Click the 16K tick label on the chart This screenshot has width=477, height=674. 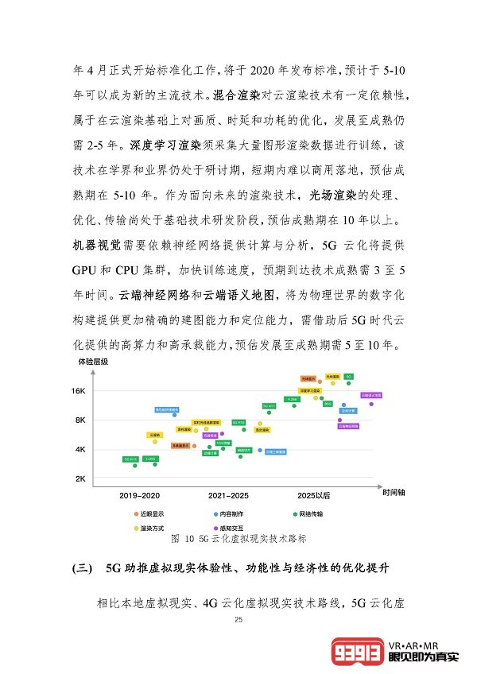point(78,391)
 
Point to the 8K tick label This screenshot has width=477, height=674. point(79,420)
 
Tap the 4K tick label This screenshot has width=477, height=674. point(79,449)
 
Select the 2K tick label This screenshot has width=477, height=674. point(79,478)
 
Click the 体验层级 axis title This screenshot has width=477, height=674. point(92,362)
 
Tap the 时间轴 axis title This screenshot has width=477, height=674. point(393,493)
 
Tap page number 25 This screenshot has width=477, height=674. point(238,619)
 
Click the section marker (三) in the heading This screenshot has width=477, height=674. point(83,569)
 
